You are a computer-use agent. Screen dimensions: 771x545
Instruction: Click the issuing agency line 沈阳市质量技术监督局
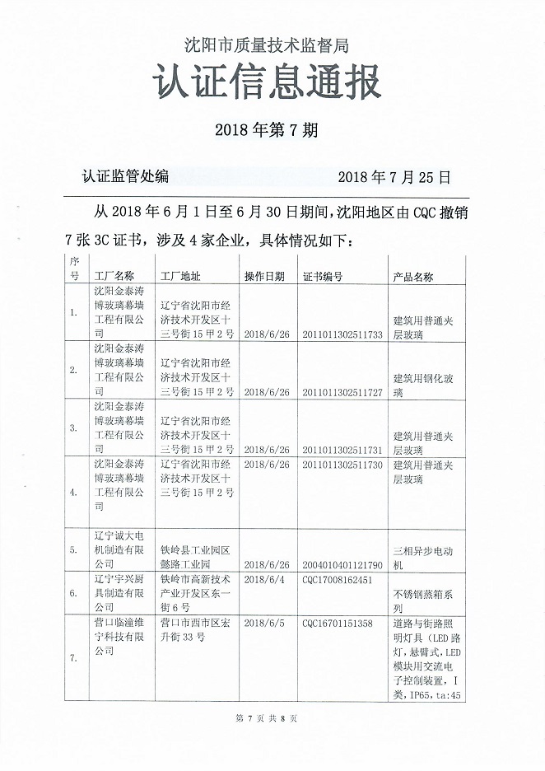271,44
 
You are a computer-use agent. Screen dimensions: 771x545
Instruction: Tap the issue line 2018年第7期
266,130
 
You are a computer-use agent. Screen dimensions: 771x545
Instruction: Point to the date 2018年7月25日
395,176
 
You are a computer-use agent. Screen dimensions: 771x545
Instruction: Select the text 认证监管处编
125,176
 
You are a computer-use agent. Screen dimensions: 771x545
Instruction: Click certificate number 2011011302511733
343,334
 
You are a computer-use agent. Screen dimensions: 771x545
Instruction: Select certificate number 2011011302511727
343,392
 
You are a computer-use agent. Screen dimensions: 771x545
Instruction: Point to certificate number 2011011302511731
343,450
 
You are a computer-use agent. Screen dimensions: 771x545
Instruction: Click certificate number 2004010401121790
343,565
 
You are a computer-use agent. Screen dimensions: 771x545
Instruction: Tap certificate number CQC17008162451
338,580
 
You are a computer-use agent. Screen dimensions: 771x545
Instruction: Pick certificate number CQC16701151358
338,623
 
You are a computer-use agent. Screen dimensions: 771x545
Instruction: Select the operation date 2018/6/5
263,623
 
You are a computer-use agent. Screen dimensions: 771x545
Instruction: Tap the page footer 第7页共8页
266,718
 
